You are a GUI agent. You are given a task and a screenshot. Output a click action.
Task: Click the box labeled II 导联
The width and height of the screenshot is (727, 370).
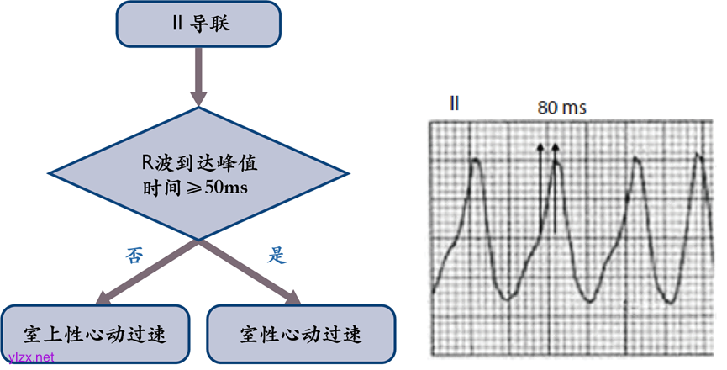199,24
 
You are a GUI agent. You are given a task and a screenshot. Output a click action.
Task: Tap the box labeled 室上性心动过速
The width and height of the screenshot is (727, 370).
96,333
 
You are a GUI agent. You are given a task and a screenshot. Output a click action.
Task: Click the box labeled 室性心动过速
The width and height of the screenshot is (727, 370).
300,333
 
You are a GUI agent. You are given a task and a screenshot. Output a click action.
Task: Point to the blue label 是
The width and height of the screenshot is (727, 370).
277,256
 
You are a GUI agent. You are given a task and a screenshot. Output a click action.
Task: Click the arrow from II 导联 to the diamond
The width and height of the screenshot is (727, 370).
199,76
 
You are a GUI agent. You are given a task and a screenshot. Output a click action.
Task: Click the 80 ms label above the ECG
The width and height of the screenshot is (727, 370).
561,108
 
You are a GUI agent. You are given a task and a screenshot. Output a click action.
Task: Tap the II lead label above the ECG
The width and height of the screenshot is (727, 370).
454,104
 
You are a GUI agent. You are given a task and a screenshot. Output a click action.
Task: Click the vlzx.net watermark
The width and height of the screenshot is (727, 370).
29,357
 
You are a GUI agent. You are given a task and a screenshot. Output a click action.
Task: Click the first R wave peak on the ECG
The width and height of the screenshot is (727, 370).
477,161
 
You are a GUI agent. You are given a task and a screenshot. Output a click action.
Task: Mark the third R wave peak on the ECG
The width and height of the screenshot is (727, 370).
636,161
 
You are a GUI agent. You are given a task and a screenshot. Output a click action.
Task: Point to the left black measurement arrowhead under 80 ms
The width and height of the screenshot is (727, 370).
541,148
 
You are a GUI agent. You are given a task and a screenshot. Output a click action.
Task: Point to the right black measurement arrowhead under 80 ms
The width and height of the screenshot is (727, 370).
555,148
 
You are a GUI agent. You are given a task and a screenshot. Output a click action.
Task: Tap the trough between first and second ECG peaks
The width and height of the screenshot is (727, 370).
508,297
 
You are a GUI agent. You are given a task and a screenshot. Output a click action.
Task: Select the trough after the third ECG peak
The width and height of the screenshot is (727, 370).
668,299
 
